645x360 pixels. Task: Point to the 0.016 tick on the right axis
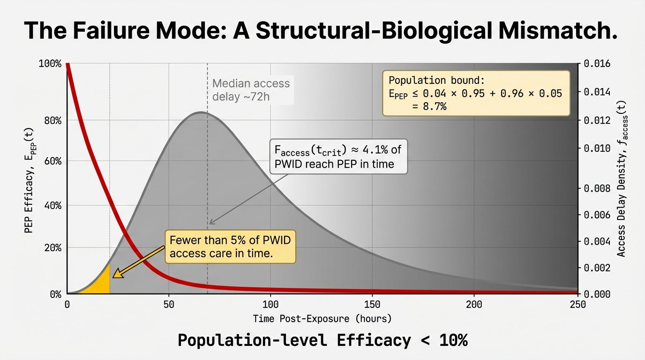pos(597,63)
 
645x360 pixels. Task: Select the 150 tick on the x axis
pos(372,304)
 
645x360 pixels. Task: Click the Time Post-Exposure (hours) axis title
pos(322,319)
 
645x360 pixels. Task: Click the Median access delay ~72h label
pos(251,90)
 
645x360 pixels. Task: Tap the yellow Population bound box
pos(476,93)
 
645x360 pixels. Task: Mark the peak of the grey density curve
pos(201,112)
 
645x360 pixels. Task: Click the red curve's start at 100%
pos(67,64)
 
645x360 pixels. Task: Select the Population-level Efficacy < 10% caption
pos(322,340)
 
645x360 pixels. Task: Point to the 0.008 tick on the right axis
pos(597,188)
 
